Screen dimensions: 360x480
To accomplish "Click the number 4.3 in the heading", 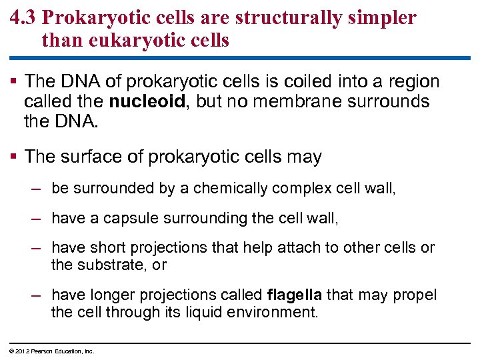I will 25,18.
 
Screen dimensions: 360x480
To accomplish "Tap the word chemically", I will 231,189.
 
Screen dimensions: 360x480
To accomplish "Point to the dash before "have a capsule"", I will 38,218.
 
